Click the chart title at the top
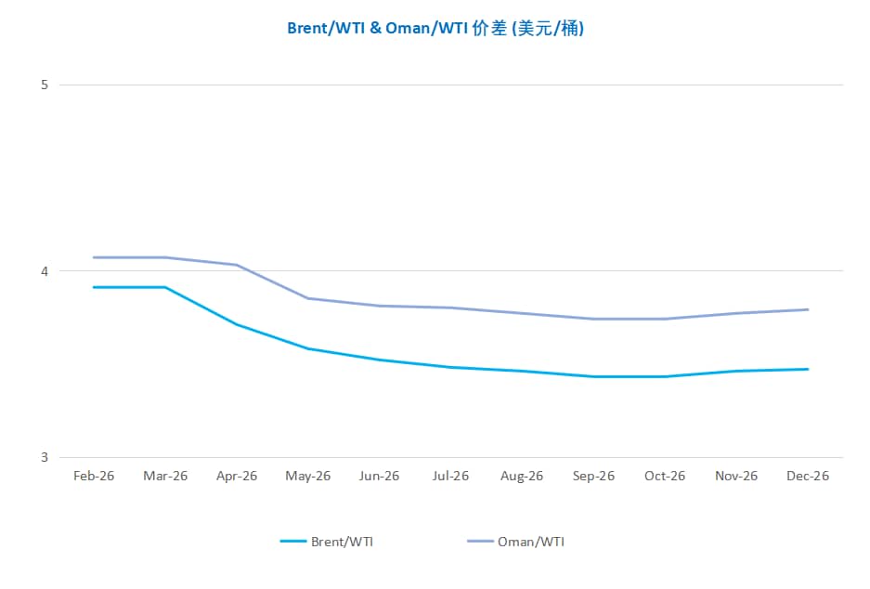(435, 28)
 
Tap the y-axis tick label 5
(44, 85)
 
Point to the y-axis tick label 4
(44, 271)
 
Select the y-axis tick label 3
(44, 457)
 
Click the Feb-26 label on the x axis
(94, 476)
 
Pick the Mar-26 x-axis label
(165, 476)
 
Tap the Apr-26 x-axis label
(237, 476)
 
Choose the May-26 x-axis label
(308, 476)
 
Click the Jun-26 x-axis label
(379, 476)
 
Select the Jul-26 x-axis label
(450, 476)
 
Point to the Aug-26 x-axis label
(522, 476)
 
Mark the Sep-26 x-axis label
(593, 476)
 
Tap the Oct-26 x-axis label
(665, 476)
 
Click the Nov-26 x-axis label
(736, 476)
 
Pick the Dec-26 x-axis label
(808, 476)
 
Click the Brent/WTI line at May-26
(308, 348)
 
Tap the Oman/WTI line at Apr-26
(237, 265)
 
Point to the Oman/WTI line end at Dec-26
(808, 309)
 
